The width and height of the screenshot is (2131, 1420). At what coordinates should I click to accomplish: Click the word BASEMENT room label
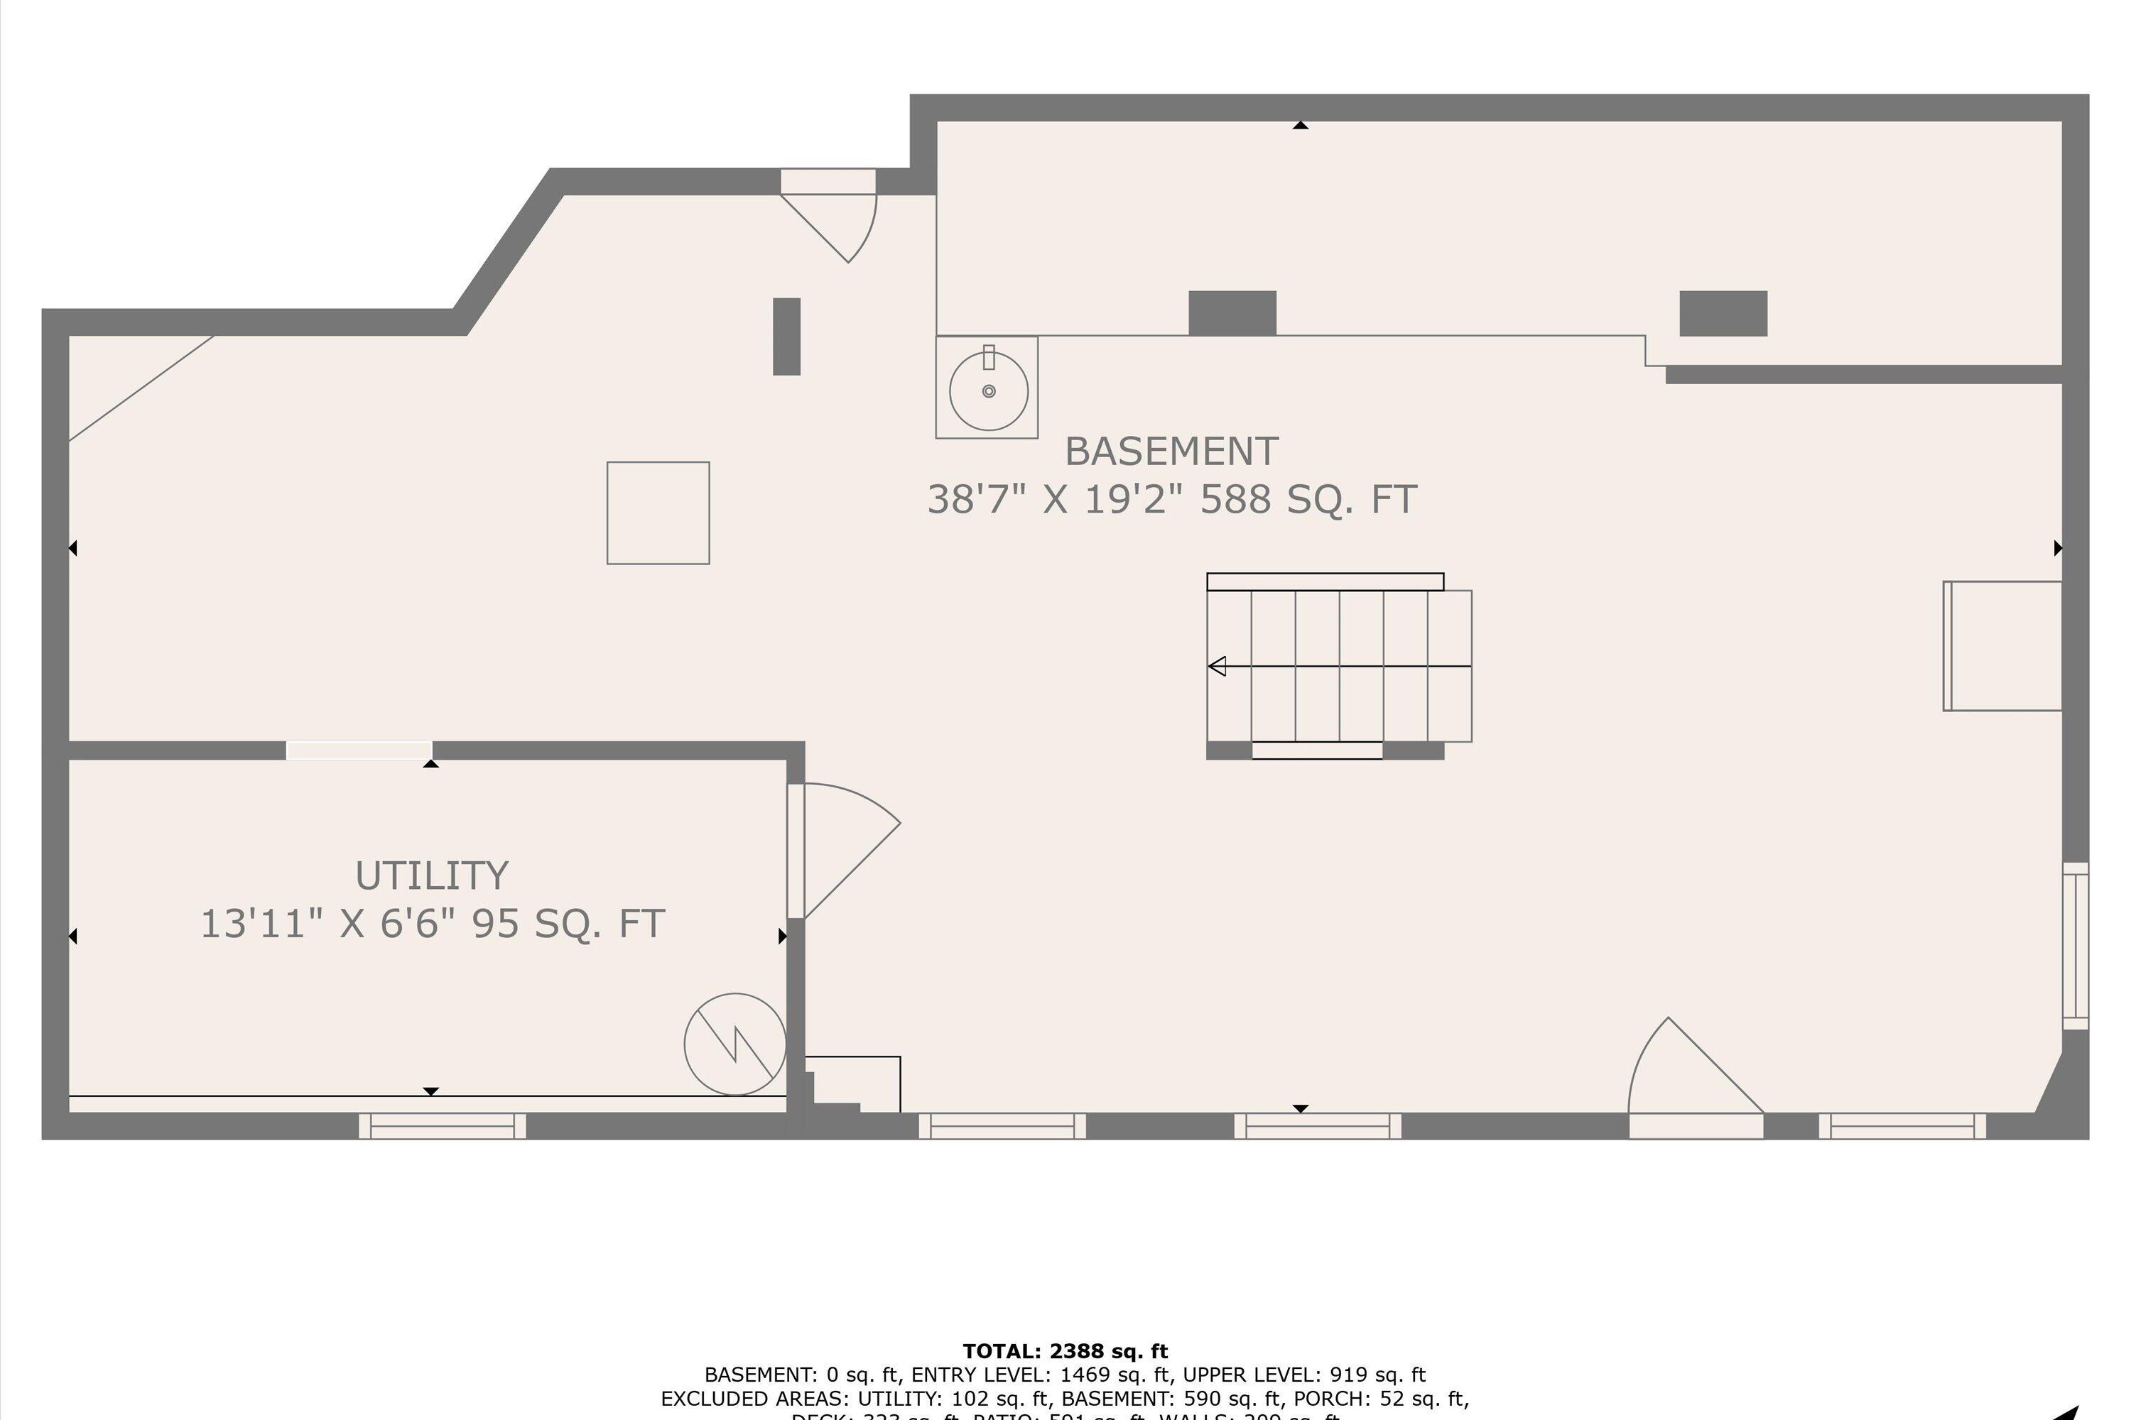point(1171,451)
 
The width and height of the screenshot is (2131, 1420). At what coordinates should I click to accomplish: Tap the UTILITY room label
point(431,875)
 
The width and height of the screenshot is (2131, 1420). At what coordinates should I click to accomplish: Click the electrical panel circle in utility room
point(734,1044)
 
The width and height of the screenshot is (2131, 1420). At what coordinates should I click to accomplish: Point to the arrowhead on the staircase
point(1217,667)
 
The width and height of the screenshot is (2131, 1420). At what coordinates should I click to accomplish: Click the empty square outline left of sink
point(658,513)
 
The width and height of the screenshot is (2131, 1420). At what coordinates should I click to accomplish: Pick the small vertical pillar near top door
point(786,336)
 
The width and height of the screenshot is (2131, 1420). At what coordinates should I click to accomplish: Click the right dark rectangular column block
point(1723,312)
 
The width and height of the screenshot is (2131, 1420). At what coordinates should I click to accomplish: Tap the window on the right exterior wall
point(2075,946)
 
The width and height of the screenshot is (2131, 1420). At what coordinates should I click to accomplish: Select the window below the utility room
point(442,1125)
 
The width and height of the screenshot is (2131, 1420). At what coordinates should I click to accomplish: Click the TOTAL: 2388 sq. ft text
point(1065,1352)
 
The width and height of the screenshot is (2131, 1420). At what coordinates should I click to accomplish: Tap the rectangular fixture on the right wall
point(2002,645)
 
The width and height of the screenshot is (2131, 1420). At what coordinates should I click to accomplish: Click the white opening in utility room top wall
point(359,750)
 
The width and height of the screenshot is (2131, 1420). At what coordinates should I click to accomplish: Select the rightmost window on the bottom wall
point(1903,1125)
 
